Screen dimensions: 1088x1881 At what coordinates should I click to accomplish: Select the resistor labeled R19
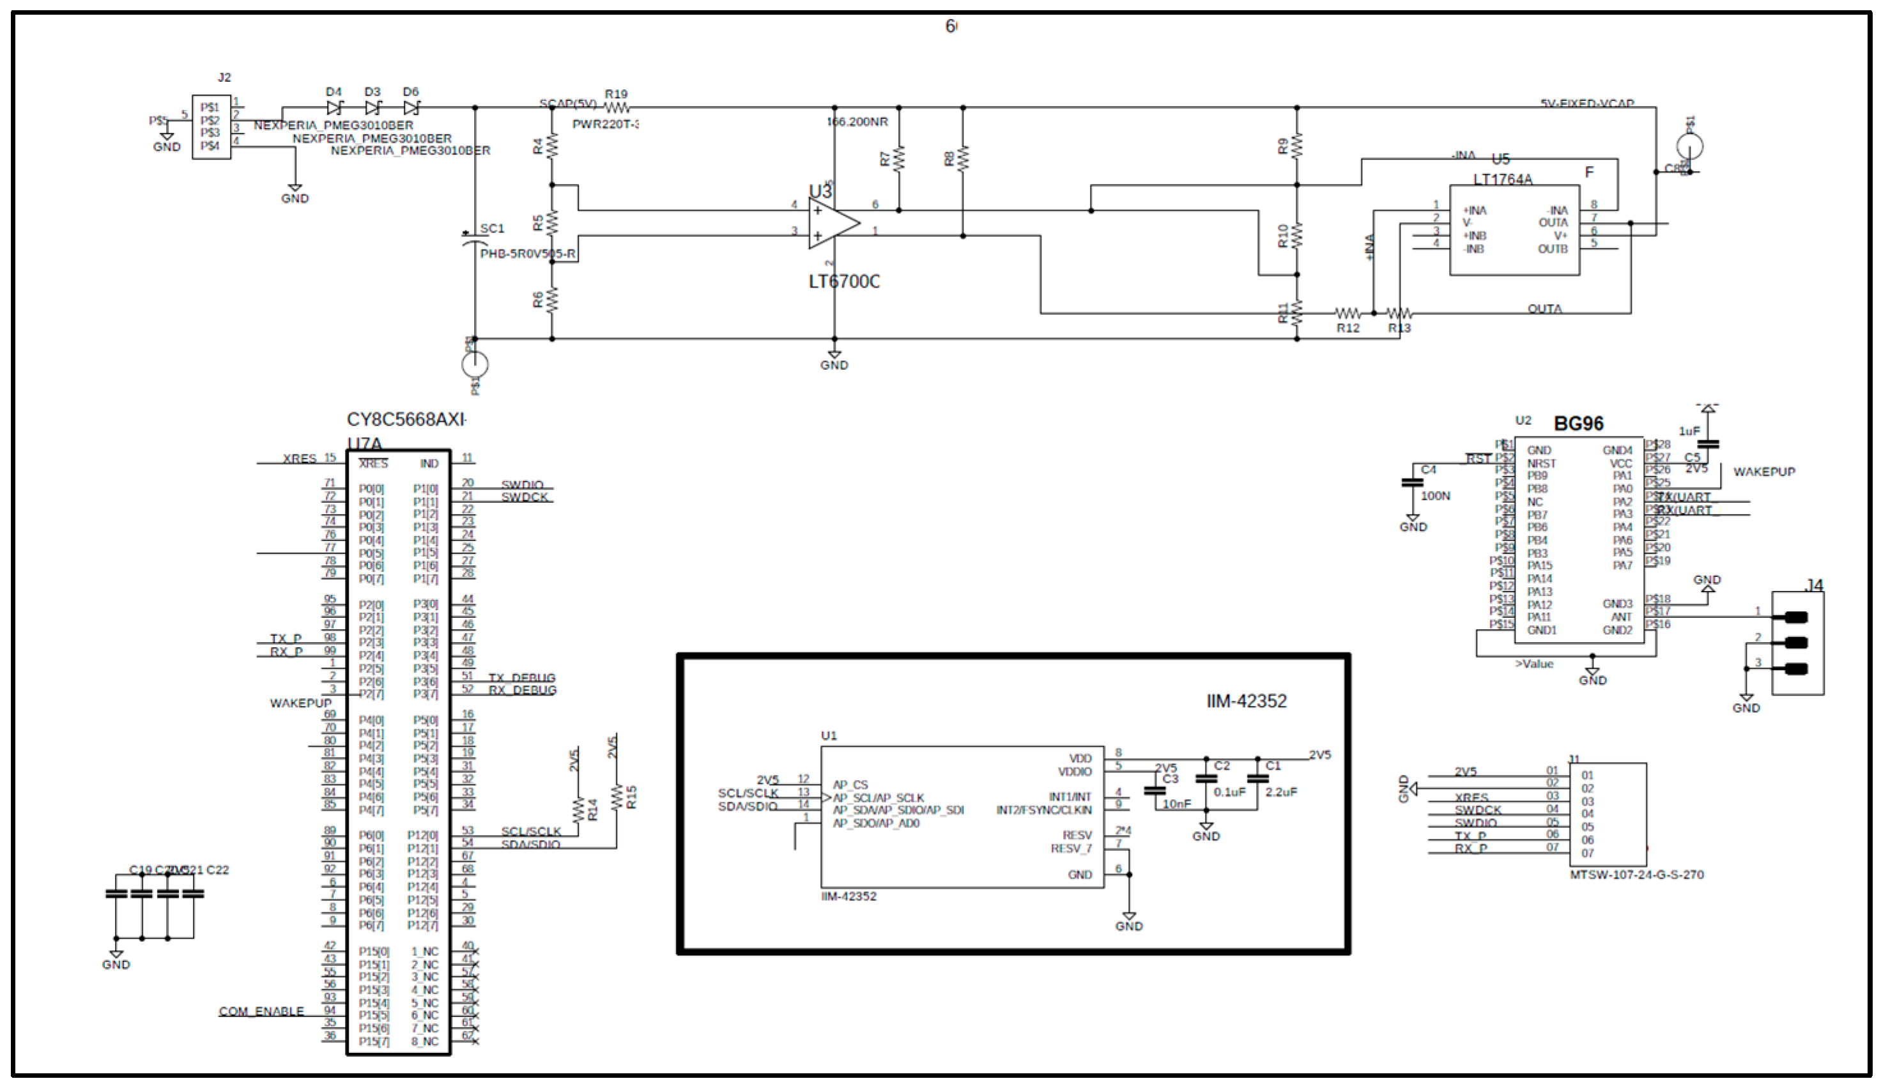point(617,108)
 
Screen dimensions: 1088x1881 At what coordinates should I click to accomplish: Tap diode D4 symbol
point(334,107)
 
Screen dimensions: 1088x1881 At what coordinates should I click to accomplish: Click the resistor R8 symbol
point(963,158)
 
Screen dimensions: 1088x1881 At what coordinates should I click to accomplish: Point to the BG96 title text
point(1578,424)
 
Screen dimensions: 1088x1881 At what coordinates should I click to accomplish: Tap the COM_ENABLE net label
point(261,1011)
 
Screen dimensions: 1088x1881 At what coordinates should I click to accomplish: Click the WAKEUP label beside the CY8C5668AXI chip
point(300,703)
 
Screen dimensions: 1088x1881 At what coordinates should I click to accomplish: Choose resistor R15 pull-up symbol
point(617,797)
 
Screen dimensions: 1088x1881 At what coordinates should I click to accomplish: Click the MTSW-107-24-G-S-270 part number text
point(1636,875)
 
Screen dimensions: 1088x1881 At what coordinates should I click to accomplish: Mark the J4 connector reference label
point(1813,585)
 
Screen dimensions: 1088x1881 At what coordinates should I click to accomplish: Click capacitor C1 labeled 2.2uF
point(1258,778)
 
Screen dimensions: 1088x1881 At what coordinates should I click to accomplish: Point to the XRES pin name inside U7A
point(373,463)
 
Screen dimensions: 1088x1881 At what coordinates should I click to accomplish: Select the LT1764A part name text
point(1502,179)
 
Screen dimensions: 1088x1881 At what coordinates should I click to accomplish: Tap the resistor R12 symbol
point(1347,314)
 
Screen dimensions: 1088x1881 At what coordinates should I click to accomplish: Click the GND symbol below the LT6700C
point(834,356)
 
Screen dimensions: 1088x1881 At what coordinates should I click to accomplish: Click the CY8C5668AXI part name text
point(407,419)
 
